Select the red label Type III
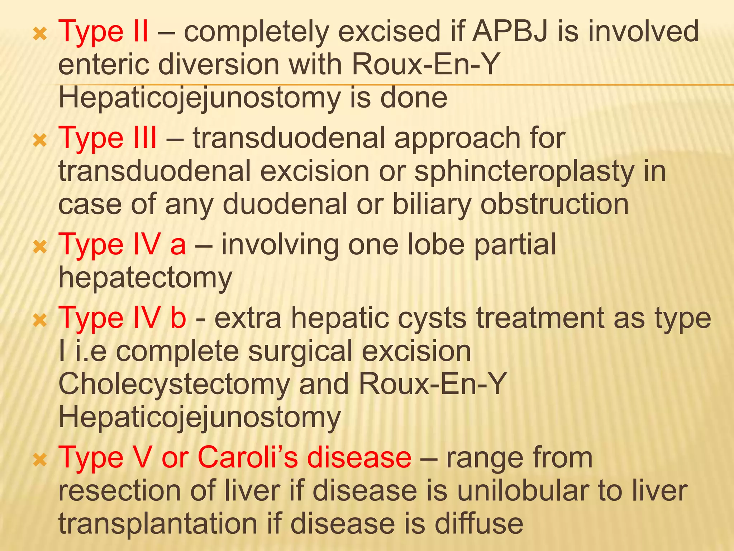[x=108, y=138]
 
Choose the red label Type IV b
[x=122, y=318]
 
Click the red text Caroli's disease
[x=304, y=458]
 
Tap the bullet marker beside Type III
[x=40, y=141]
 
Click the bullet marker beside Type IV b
[x=40, y=320]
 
